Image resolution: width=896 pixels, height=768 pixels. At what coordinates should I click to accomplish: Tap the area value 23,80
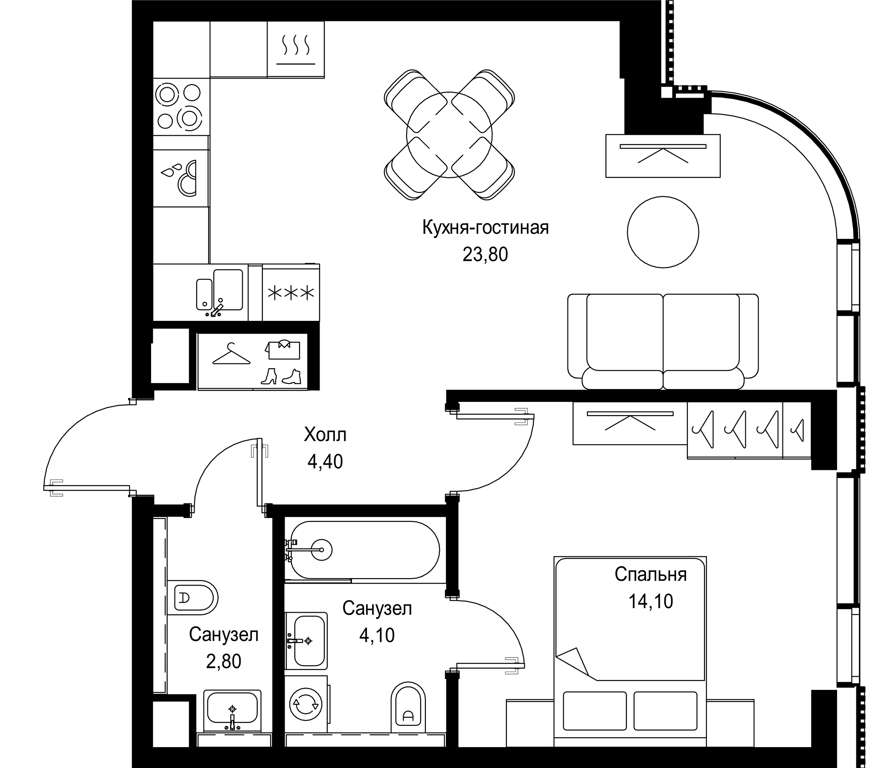pyautogui.click(x=485, y=255)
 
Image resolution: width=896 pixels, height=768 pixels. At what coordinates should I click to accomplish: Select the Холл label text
pyautogui.click(x=325, y=435)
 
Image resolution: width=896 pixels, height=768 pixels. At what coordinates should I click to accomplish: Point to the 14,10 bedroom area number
pyautogui.click(x=650, y=602)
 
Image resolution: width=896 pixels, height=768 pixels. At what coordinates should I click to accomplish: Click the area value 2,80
pyautogui.click(x=223, y=662)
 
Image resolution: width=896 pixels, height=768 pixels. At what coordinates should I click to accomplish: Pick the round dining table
pyautogui.click(x=449, y=134)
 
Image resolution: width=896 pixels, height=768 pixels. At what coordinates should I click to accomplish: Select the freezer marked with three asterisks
pyautogui.click(x=291, y=293)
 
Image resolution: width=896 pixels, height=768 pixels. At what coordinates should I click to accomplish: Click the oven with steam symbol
pyautogui.click(x=296, y=50)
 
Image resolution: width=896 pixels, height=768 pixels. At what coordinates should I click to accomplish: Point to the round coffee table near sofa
pyautogui.click(x=663, y=232)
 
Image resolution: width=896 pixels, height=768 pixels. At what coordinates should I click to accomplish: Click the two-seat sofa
pyautogui.click(x=663, y=342)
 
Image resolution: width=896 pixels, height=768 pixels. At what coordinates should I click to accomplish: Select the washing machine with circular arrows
pyautogui.click(x=306, y=704)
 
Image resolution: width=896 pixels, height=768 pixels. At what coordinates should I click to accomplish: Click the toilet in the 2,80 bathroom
pyautogui.click(x=195, y=598)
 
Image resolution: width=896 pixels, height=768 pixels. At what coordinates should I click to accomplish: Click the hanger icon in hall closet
pyautogui.click(x=231, y=354)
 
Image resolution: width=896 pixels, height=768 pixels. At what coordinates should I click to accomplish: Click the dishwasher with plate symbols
pyautogui.click(x=181, y=178)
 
